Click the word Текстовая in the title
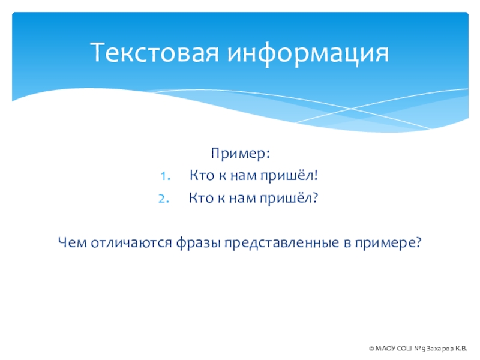[x=155, y=52]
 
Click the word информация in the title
[x=308, y=53]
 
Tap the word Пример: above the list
[x=241, y=154]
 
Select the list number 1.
[x=166, y=176]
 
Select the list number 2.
[x=164, y=199]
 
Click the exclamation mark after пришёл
[x=316, y=175]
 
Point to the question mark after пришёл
[x=315, y=198]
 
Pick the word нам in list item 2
[x=242, y=199]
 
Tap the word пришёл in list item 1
[x=287, y=176]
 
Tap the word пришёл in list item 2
[x=286, y=199]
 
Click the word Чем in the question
[x=72, y=242]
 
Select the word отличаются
[x=131, y=243]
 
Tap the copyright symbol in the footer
[x=371, y=349]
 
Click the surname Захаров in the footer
[x=440, y=349]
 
